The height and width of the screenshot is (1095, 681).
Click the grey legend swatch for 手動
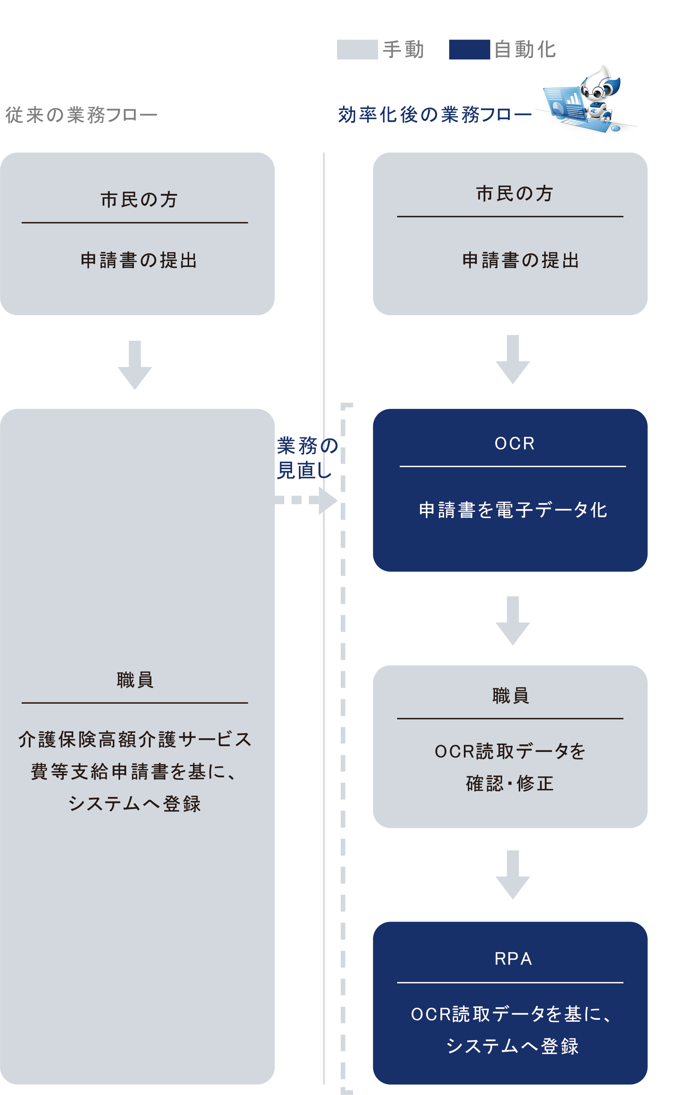(x=357, y=49)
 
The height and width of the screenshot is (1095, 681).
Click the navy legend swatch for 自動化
(x=469, y=49)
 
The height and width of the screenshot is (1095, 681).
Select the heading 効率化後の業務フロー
(x=435, y=115)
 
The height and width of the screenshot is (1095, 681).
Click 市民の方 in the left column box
(x=139, y=200)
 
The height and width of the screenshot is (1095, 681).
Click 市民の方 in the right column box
(x=514, y=194)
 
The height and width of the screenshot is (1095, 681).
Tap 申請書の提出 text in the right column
(x=521, y=261)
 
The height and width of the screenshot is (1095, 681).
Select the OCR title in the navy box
(x=515, y=444)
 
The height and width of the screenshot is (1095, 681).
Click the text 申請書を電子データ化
(x=513, y=510)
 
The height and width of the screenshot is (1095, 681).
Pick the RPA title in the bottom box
(x=513, y=958)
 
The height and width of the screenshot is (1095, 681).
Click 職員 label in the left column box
(x=135, y=680)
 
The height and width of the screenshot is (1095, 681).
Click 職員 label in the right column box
(x=510, y=696)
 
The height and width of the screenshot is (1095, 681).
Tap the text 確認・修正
(x=510, y=784)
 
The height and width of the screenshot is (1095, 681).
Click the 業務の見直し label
(x=306, y=458)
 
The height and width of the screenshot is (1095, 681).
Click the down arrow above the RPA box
(x=513, y=875)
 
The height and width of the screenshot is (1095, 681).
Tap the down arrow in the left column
(x=135, y=365)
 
